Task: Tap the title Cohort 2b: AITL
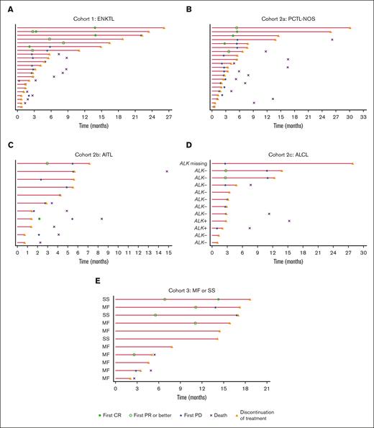pos(91,155)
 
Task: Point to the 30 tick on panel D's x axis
pos(362,253)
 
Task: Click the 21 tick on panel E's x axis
pos(266,388)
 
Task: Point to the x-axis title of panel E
pos(191,397)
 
